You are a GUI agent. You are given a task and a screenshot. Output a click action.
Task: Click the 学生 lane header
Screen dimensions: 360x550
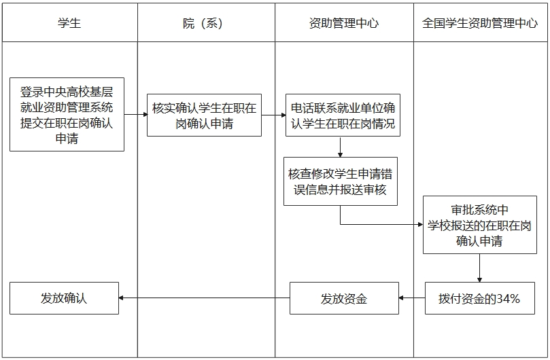coord(69,23)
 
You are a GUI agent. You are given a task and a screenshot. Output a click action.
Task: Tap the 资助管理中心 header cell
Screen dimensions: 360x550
coord(343,23)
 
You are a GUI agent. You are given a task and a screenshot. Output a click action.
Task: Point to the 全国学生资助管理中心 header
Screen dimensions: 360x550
coord(480,23)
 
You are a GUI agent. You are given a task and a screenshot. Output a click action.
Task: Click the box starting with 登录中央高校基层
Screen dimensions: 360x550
coord(67,114)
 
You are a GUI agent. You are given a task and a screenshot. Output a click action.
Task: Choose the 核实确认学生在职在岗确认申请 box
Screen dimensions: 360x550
coord(204,115)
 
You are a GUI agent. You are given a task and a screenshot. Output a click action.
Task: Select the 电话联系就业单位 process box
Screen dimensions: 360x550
coord(343,115)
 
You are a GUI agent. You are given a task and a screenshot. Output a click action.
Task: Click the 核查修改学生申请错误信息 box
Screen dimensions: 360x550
coord(341,181)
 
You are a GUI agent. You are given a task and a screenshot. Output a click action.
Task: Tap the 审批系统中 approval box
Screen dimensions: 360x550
coord(479,225)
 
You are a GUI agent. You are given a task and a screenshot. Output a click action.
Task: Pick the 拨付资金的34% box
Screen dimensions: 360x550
coord(479,298)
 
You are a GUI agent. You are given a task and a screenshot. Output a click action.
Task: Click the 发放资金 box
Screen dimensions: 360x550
coord(344,298)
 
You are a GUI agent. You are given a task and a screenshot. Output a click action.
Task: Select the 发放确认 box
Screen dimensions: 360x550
coord(64,298)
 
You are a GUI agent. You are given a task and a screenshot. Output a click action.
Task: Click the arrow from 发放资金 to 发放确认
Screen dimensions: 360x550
coord(204,298)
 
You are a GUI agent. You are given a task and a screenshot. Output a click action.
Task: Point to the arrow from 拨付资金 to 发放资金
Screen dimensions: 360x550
coord(412,298)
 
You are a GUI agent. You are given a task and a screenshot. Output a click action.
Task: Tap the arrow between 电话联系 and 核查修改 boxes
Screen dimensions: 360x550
coord(340,146)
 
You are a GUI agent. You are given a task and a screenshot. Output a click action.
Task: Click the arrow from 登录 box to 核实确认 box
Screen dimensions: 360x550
coord(136,114)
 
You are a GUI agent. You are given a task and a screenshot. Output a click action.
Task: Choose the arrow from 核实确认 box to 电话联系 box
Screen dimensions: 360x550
coord(273,115)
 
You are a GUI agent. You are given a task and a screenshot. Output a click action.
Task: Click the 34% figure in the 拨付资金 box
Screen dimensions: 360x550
coord(508,298)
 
